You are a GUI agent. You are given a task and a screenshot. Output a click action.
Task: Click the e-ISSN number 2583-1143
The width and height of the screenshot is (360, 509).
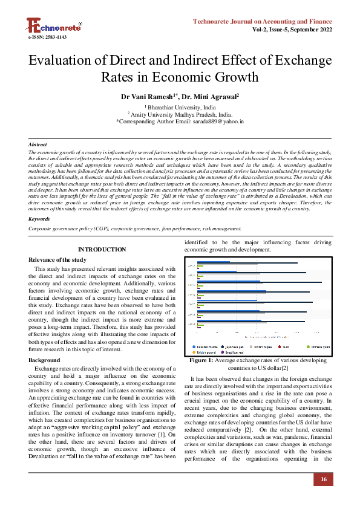tap(47, 37)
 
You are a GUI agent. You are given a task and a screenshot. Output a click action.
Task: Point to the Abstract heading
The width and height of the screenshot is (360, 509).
tap(38, 145)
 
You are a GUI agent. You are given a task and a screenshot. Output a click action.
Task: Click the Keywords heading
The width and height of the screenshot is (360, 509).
tap(39, 219)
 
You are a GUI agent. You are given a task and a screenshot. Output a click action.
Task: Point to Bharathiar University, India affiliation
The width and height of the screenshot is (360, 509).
tap(180, 106)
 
